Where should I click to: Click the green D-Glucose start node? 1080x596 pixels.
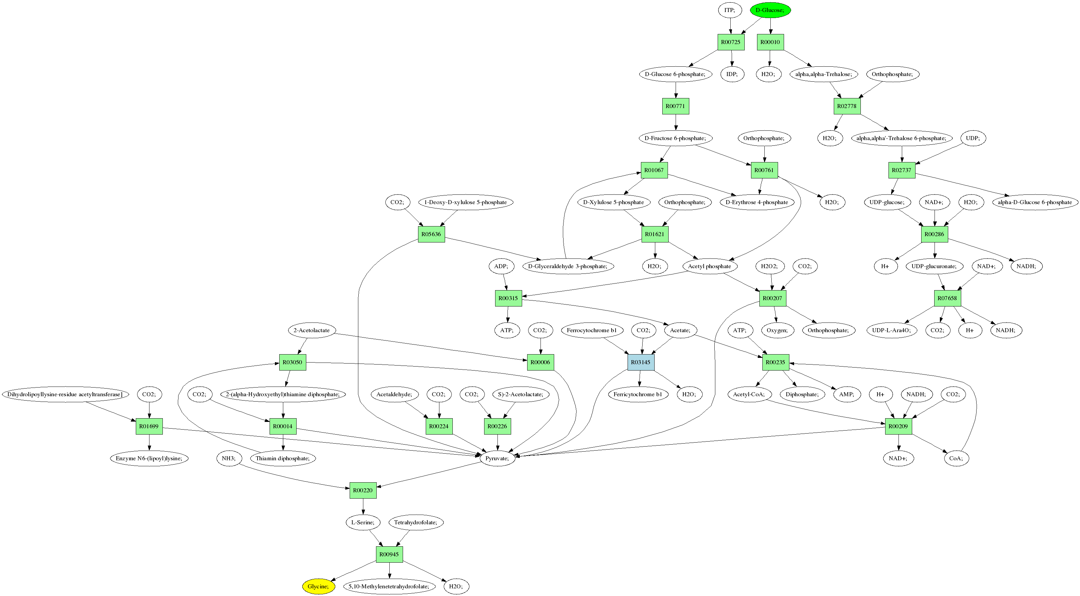pos(770,10)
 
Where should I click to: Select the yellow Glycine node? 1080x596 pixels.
pos(318,586)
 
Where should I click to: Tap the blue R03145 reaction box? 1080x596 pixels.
pos(641,362)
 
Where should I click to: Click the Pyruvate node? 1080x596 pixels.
pos(497,458)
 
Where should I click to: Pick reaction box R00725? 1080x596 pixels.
pos(731,42)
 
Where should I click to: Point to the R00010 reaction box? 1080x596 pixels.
pos(770,42)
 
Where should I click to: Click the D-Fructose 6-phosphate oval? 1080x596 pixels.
pos(675,138)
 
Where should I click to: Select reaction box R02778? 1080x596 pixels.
pos(847,106)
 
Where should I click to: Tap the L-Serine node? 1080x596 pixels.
pos(363,522)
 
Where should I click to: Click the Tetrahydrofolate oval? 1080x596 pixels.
pos(415,522)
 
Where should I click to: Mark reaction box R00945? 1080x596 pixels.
pos(389,554)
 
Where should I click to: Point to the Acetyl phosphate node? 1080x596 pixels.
pos(709,266)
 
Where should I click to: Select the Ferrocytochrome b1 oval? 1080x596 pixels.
pos(592,330)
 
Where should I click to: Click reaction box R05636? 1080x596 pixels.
pos(431,234)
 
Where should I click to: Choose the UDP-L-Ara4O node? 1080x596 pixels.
pos(892,330)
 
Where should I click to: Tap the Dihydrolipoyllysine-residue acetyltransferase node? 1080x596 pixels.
pos(65,395)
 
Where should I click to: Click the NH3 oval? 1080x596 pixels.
pos(229,458)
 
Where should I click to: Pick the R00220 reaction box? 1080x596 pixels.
pos(363,490)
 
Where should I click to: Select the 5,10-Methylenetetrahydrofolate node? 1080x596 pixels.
pos(389,586)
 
